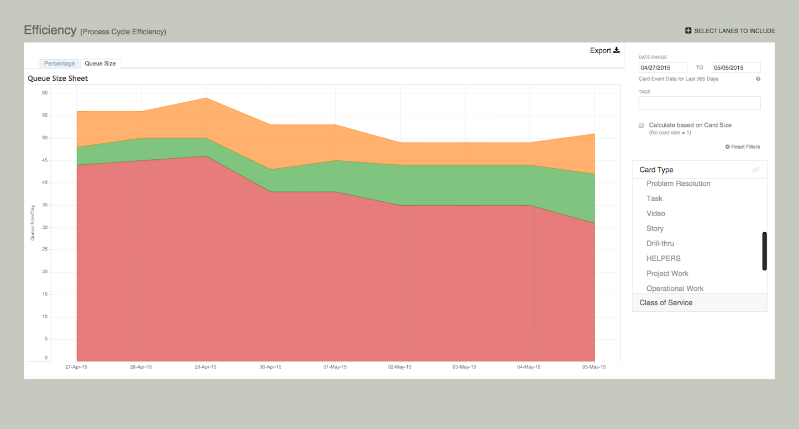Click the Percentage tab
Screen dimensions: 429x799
(59, 64)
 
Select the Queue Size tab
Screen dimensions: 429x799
(100, 64)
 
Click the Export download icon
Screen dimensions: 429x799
(617, 50)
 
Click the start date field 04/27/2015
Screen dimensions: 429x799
(663, 67)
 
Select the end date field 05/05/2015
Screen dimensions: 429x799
(735, 67)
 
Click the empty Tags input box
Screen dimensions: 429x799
(699, 103)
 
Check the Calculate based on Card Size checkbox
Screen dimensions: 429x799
(641, 125)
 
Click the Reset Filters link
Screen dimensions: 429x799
(743, 147)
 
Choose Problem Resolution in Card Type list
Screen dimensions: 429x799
(678, 184)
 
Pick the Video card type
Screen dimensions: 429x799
(655, 213)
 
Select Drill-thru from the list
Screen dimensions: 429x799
(660, 243)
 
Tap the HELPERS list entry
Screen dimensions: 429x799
(663, 258)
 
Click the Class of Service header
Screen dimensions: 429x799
(666, 302)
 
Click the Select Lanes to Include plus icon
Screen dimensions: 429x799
(688, 31)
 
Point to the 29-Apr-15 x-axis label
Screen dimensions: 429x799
(206, 367)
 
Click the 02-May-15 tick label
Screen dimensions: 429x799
(399, 367)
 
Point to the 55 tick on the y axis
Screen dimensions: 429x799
(45, 116)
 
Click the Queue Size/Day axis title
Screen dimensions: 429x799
(33, 223)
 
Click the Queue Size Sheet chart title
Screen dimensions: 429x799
(58, 79)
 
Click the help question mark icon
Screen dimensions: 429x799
(758, 79)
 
